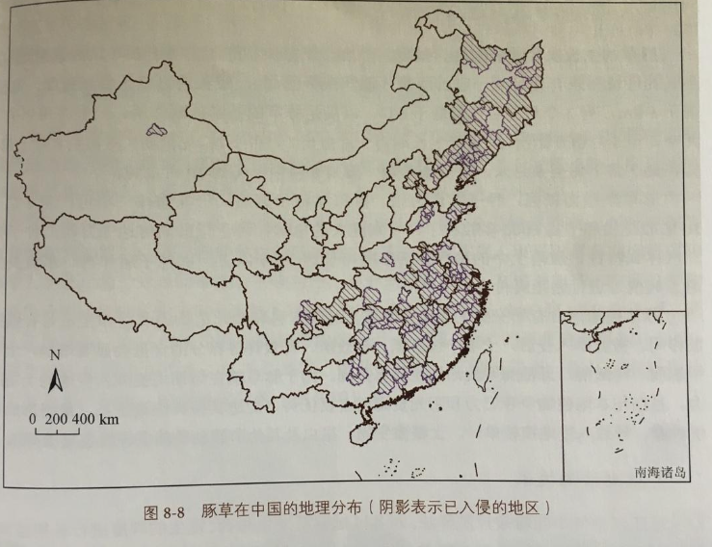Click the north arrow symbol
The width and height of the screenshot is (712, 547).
point(56,381)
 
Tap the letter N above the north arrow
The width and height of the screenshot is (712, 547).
point(54,354)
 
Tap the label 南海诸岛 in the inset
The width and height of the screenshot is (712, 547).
point(661,472)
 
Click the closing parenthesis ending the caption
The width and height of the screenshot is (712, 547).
point(545,508)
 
